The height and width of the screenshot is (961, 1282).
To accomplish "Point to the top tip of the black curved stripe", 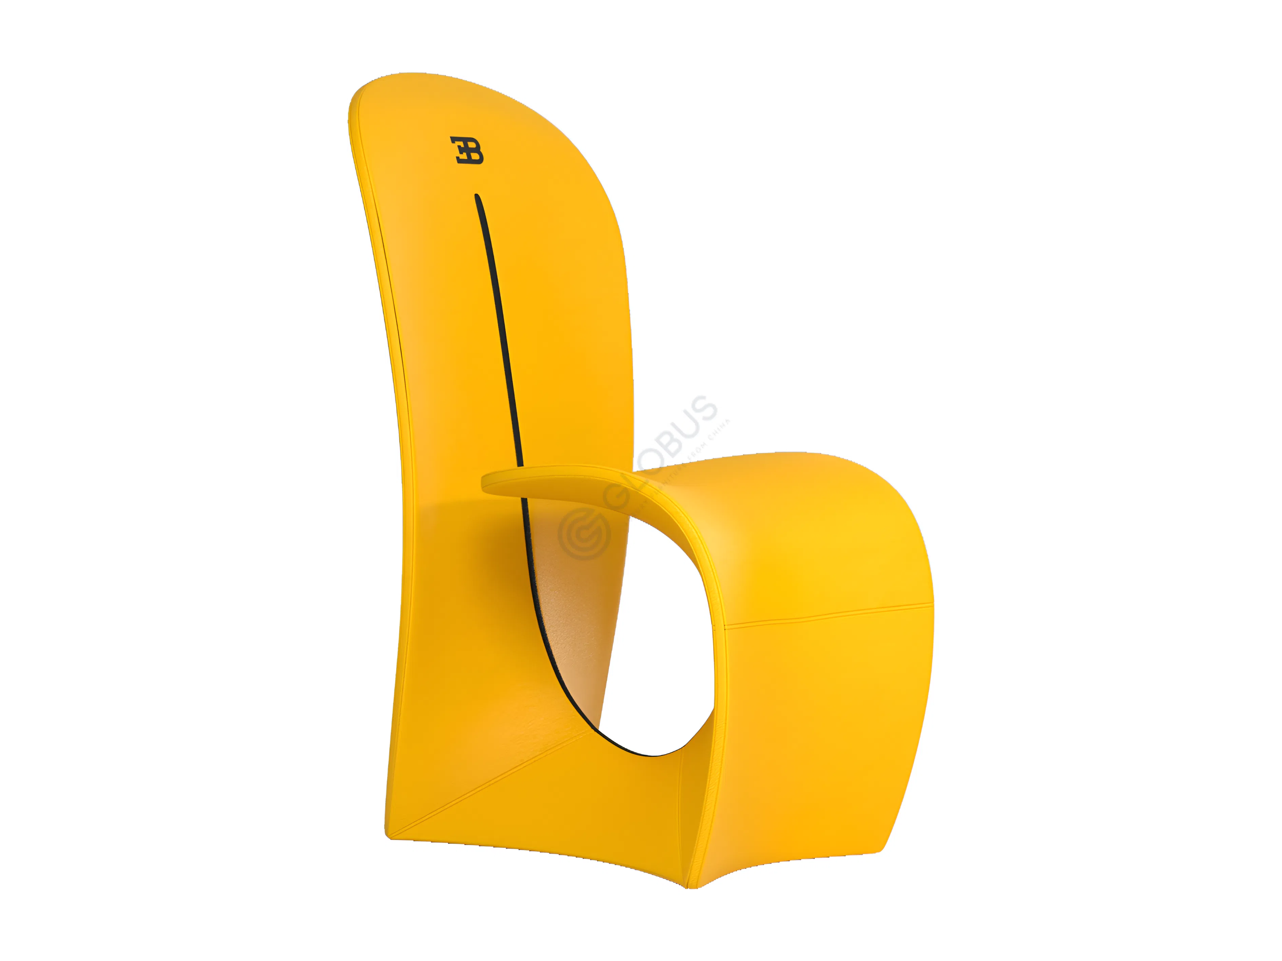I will pyautogui.click(x=477, y=196).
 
